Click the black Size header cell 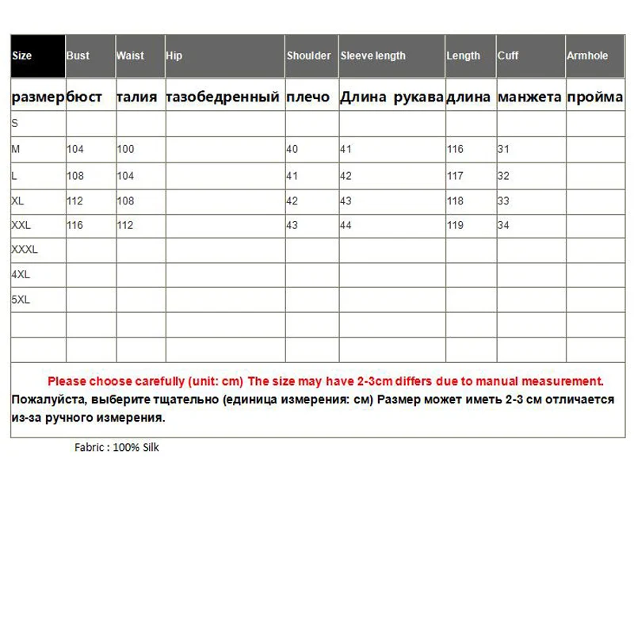coord(37,56)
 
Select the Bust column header coord(78,56)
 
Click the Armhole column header coord(586,56)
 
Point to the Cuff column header coord(508,56)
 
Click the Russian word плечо coord(307,97)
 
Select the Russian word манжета coord(529,97)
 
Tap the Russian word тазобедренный coord(223,97)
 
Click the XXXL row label coord(25,250)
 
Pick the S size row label coord(14,124)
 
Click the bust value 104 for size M coord(75,149)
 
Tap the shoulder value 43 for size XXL coord(292,225)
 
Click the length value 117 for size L coord(455,174)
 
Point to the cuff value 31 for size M coord(502,149)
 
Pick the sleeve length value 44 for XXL coord(346,225)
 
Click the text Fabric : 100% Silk coord(117,447)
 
